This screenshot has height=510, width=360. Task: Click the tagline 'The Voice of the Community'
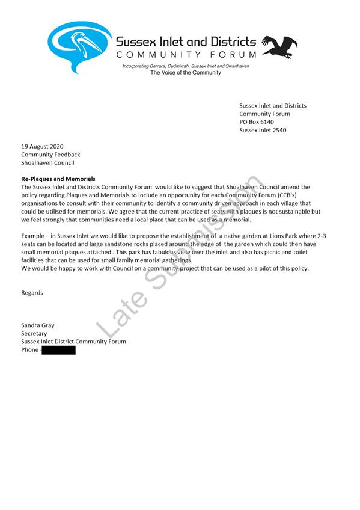pos(185,73)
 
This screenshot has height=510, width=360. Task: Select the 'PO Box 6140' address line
pos(257,122)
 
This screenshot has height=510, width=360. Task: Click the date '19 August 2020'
pos(42,146)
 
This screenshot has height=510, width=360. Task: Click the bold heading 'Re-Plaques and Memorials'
pos(58,179)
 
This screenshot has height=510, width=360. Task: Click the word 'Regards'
pos(32,293)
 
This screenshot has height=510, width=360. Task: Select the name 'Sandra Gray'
pos(37,325)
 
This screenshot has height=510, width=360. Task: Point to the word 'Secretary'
pos(34,333)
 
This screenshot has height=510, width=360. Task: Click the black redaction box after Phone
pos(59,350)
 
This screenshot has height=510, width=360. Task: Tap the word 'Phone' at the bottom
pos(29,350)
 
